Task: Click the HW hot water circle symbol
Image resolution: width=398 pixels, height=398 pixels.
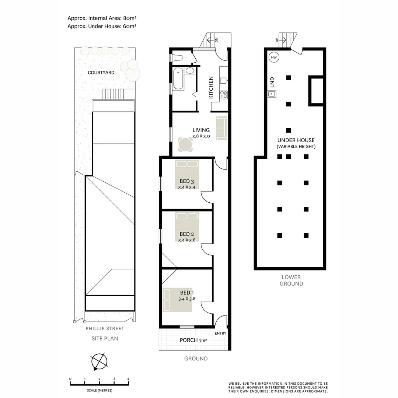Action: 274,57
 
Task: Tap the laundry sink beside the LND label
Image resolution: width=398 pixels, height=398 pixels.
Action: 272,94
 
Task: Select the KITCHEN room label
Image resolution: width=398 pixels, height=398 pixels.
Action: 211,87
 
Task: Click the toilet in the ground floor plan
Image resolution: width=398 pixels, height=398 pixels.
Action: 177,58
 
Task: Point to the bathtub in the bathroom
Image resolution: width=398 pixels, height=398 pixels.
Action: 178,78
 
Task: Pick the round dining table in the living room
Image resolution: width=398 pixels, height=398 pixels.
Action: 185,145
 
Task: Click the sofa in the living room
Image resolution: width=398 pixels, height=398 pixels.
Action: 222,128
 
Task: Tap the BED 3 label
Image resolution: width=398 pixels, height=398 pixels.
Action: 186,181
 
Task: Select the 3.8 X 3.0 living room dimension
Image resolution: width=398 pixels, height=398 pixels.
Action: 201,136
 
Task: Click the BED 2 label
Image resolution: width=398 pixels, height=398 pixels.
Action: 186,234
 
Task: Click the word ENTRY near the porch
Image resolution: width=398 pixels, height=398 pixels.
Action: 220,334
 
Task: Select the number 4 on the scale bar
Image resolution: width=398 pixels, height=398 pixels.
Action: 128,379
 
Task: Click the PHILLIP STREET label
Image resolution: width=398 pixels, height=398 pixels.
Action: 105,329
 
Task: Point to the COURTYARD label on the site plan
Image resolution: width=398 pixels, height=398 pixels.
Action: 101,73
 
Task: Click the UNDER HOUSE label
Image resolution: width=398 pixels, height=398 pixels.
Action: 296,140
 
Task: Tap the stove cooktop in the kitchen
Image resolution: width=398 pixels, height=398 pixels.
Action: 223,94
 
